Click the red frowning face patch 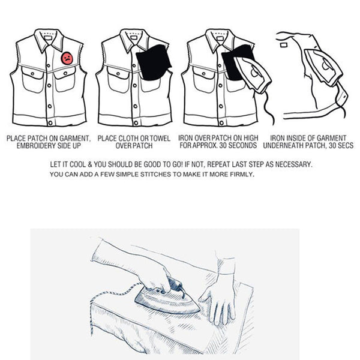point(67,58)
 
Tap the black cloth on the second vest point(154,62)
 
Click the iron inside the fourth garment point(323,67)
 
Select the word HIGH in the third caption point(251,138)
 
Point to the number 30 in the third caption point(223,145)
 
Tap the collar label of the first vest point(48,38)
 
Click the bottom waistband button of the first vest point(50,123)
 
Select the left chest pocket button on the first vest point(32,74)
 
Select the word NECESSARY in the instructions point(293,164)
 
